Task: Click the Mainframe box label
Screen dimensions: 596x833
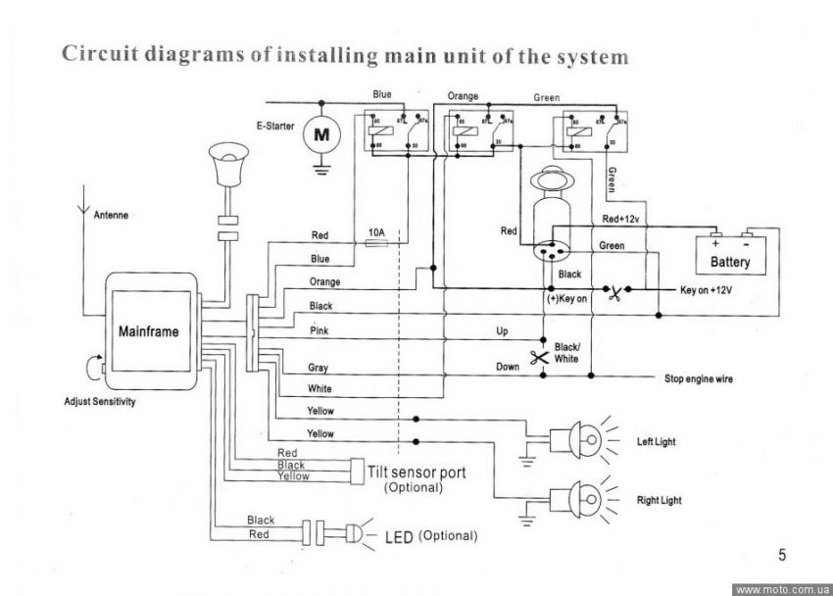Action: (x=148, y=332)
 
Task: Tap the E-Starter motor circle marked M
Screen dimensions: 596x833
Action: (x=320, y=134)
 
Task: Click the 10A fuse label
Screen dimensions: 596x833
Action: (x=375, y=232)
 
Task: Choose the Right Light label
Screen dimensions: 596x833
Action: (x=659, y=500)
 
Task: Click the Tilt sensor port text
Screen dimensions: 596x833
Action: (x=416, y=472)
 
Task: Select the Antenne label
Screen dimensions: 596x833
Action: (x=111, y=215)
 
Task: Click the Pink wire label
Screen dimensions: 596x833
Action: (x=318, y=331)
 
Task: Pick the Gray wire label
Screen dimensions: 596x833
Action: (x=318, y=369)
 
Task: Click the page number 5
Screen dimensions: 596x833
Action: (x=782, y=556)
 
